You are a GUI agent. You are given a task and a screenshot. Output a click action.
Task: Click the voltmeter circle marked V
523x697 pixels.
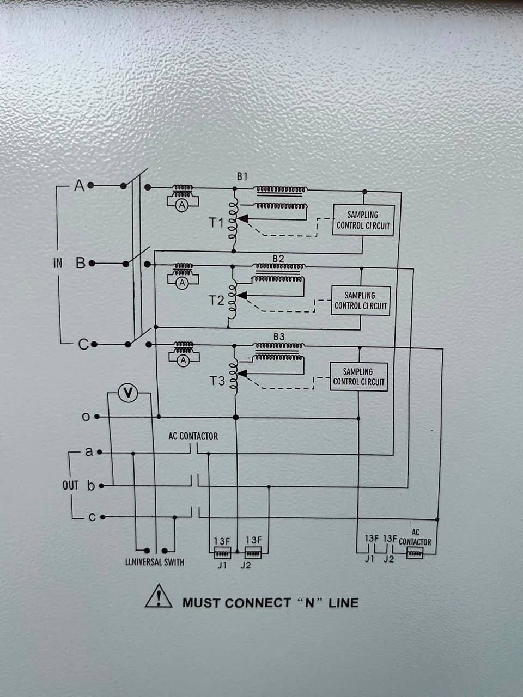127,393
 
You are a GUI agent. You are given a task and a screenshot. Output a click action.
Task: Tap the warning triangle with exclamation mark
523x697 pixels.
159,596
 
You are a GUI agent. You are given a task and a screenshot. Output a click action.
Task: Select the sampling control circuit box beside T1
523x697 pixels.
363,221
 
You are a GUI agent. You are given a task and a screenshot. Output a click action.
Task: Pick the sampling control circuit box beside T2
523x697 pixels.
361,301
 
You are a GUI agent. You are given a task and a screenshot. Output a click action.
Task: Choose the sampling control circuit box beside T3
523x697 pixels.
358,377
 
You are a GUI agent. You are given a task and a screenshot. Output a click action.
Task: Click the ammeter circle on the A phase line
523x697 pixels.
182,206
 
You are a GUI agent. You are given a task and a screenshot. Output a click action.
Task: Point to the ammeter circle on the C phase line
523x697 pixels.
183,360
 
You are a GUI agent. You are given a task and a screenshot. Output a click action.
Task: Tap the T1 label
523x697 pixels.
217,223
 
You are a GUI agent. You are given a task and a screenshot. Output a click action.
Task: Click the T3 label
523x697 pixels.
217,381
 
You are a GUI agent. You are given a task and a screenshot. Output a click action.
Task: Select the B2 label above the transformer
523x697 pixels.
278,259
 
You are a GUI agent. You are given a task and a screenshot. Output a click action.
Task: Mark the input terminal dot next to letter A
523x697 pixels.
91,185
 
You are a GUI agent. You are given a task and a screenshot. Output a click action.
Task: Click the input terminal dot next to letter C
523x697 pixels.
94,344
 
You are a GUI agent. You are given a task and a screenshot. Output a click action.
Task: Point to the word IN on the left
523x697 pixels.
58,263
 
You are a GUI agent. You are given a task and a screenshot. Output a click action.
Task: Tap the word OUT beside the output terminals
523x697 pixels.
70,486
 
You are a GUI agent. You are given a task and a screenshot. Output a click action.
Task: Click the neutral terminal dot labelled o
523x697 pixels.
97,417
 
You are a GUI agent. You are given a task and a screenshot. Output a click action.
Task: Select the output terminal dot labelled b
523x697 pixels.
102,486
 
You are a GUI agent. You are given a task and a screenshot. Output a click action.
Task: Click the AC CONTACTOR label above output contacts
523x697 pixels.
193,436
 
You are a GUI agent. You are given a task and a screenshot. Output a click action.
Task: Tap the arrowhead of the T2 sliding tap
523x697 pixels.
242,296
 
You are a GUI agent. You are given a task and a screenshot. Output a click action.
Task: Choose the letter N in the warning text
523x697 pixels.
309,603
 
